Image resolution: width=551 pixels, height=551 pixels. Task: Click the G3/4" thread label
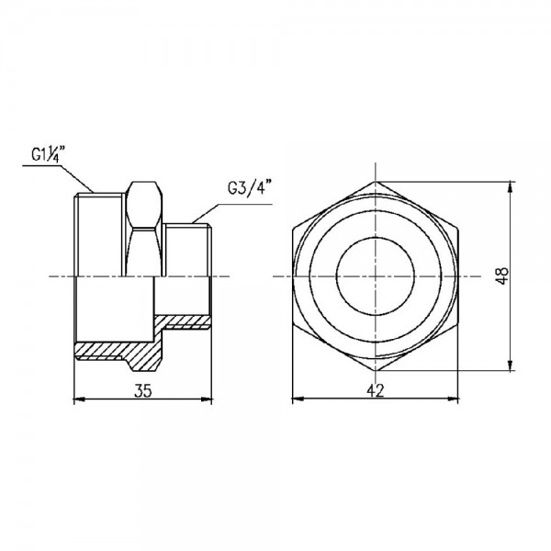(x=251, y=189)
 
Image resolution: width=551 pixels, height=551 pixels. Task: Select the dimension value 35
(x=142, y=391)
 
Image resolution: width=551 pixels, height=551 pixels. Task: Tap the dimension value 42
(x=375, y=391)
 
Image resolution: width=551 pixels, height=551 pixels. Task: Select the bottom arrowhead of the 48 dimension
(x=511, y=368)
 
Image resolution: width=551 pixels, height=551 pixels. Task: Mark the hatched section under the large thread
(x=110, y=350)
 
